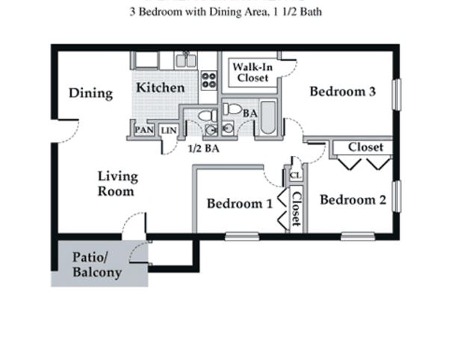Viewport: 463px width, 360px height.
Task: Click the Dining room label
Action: point(90,93)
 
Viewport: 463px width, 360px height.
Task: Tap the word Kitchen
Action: point(160,87)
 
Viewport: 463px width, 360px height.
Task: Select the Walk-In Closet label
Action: point(250,72)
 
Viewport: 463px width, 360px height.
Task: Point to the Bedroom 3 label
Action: point(342,92)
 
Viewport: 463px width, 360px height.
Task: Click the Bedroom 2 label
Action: point(352,200)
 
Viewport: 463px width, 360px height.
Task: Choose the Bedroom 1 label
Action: point(239,203)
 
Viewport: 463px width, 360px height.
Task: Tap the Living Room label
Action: point(118,184)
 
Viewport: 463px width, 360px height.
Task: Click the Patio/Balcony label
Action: point(96,265)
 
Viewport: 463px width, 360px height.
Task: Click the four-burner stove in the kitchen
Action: point(209,79)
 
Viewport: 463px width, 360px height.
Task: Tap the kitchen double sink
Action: point(186,60)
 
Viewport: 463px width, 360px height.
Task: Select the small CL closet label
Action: point(295,176)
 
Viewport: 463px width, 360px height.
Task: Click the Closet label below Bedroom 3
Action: point(365,147)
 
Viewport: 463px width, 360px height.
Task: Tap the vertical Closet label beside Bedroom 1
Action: point(296,209)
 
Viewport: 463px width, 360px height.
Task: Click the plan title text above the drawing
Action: point(226,12)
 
